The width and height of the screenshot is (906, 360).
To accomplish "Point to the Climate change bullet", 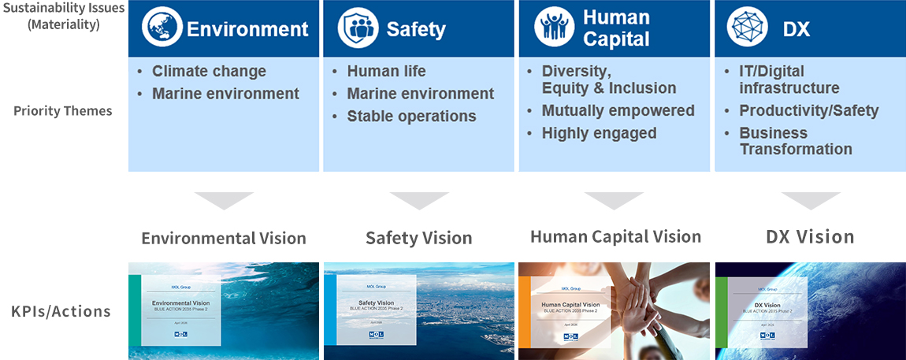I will click(x=209, y=71).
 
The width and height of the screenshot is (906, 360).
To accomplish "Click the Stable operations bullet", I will click(x=411, y=116).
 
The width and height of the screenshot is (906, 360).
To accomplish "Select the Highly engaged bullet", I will click(x=599, y=133).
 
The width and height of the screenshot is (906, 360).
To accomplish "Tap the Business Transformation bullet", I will click(x=795, y=141).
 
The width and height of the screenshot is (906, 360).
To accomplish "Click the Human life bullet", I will click(x=386, y=71).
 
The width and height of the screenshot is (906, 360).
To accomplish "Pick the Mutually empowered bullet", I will click(x=618, y=110).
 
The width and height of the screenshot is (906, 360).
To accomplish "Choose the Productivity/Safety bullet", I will click(x=808, y=110).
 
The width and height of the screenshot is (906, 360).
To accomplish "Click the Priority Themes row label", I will click(x=63, y=110).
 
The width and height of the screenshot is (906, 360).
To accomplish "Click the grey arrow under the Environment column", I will click(x=223, y=200).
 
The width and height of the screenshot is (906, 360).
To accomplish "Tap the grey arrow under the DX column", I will click(x=811, y=200).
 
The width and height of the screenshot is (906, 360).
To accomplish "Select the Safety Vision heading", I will click(x=418, y=238).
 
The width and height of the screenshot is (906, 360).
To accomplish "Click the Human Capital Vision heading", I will click(x=615, y=236).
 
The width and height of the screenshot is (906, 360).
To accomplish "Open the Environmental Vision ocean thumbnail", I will click(x=223, y=311).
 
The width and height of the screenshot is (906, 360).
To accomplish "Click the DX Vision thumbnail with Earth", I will click(x=811, y=311).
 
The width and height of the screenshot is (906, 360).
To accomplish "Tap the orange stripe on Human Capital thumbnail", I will click(x=522, y=311).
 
